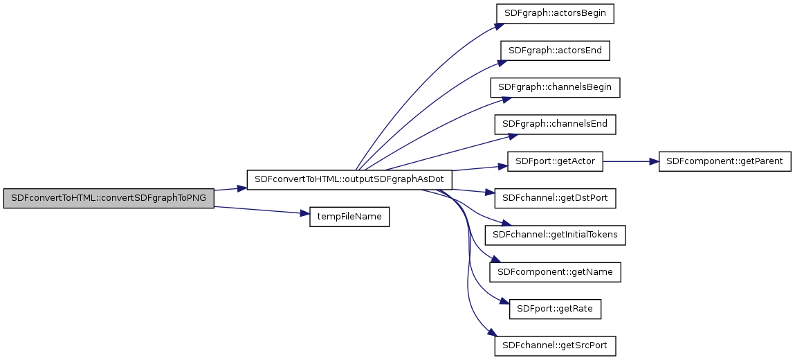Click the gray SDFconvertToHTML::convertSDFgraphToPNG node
109,199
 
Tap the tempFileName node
349,217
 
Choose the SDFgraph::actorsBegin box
555,13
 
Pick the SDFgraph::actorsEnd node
555,51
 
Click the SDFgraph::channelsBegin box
555,87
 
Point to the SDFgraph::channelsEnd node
555,125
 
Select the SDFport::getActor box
555,161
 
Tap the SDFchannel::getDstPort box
555,199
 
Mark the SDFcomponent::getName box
555,272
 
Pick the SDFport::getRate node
555,309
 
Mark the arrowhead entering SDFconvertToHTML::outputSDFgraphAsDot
242,188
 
